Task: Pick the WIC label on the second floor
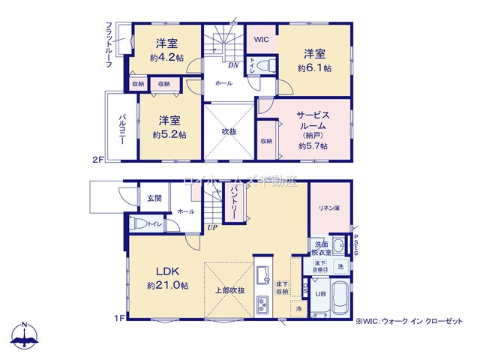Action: pos(262,39)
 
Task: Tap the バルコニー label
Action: pos(121,130)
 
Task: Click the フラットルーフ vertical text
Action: pos(108,46)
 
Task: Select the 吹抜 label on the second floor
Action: pos(229,132)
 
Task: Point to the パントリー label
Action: pos(232,203)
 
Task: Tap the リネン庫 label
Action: pos(329,208)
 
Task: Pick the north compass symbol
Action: pos(25,336)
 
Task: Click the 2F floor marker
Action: pos(97,159)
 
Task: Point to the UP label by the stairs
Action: pos(212,228)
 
